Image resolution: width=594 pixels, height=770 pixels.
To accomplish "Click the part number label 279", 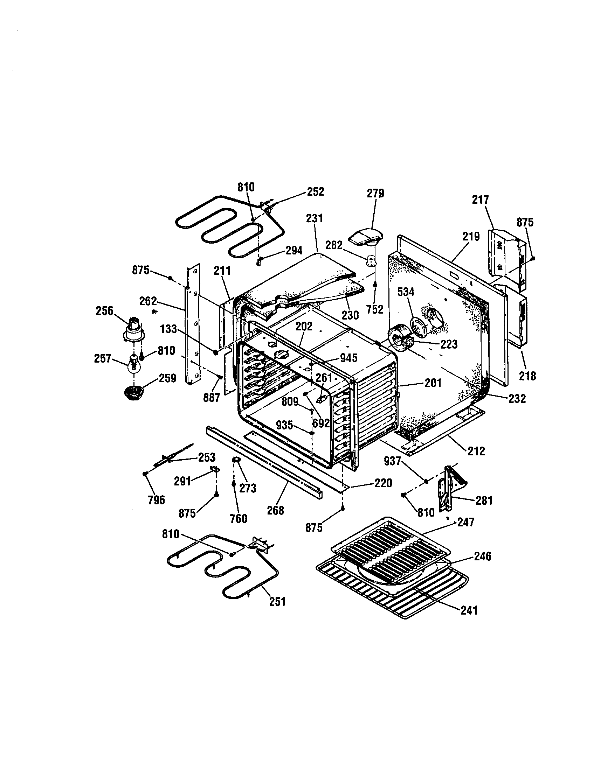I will pyautogui.click(x=375, y=193).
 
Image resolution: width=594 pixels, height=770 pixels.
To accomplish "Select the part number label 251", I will pyautogui.click(x=277, y=601).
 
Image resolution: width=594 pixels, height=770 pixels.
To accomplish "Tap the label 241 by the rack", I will pyautogui.click(x=469, y=610).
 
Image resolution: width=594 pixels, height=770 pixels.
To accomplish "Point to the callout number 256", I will pyautogui.click(x=105, y=311).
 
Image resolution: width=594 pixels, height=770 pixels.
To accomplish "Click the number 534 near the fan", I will pyautogui.click(x=406, y=292).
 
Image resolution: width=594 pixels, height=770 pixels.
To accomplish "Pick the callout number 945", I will pyautogui.click(x=349, y=358).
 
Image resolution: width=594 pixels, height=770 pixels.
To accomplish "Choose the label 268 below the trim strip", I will pyautogui.click(x=276, y=510).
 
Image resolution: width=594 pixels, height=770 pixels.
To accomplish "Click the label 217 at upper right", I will pyautogui.click(x=481, y=200).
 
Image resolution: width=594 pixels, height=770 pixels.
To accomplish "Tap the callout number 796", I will pyautogui.click(x=156, y=499).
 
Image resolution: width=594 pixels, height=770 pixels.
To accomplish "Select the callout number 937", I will pyautogui.click(x=392, y=461).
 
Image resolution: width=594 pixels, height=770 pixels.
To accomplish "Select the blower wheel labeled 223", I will pyautogui.click(x=400, y=339).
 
